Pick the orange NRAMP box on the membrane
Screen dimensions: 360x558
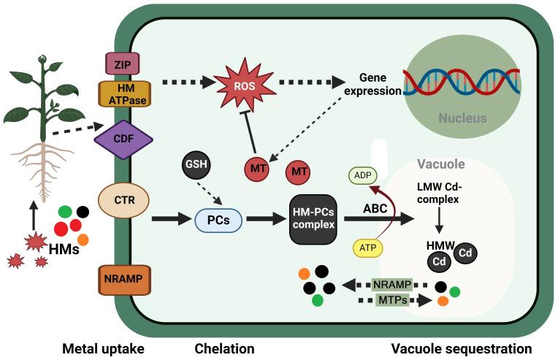[123, 278]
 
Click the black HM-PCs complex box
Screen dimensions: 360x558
[313, 218]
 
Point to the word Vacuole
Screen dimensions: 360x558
[440, 164]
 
